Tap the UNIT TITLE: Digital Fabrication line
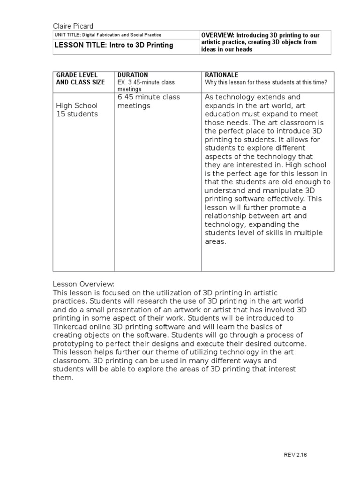click(108, 35)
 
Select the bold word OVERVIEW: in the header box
click(217, 35)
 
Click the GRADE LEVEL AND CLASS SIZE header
click(80, 78)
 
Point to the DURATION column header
click(133, 75)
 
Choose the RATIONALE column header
click(222, 75)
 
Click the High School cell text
click(77, 105)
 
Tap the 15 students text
click(77, 114)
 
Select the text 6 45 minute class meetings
click(148, 101)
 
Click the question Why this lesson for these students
click(266, 82)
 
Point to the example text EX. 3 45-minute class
click(146, 82)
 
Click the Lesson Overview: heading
click(83, 285)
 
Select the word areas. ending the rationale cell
click(216, 241)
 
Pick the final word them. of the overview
click(63, 378)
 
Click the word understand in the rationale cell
click(223, 190)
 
